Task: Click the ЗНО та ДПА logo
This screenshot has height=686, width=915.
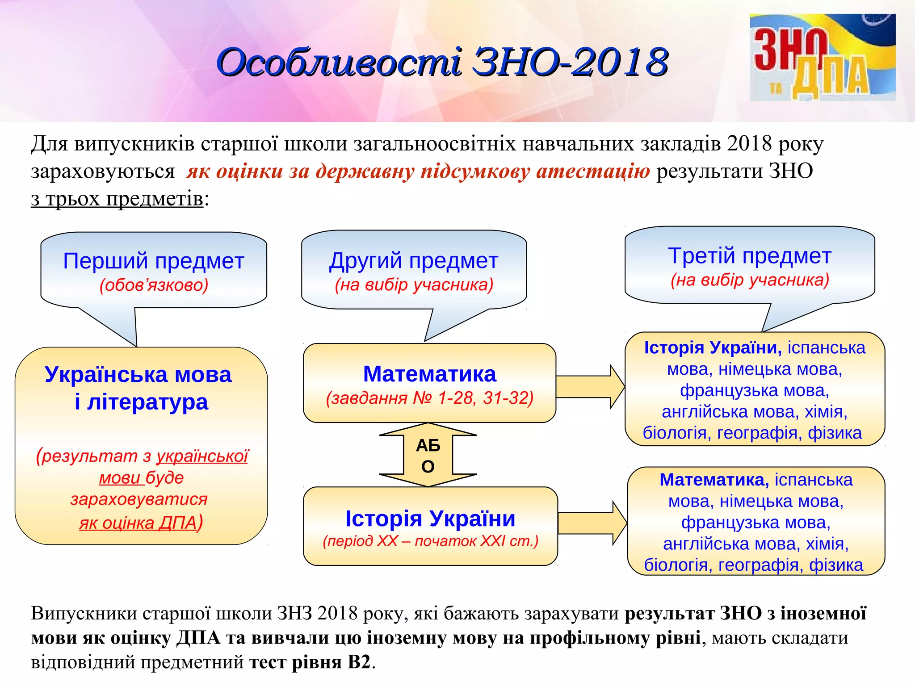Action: (x=822, y=57)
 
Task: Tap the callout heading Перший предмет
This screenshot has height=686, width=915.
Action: (x=153, y=261)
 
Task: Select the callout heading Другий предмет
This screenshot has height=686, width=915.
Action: (x=413, y=260)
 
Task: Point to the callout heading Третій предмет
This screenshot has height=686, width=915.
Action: (x=749, y=256)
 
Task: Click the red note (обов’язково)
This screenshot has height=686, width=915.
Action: (x=154, y=285)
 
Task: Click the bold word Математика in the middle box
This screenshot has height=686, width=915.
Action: (x=429, y=374)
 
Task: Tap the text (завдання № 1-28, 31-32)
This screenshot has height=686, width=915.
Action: (x=429, y=397)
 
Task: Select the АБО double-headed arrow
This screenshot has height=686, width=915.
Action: (x=428, y=455)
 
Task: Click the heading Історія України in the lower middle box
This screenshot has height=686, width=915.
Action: (x=430, y=519)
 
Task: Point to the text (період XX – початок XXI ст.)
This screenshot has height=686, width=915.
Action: (x=430, y=541)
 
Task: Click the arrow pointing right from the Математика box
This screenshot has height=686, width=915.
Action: (x=590, y=387)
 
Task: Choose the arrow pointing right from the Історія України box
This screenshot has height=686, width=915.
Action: (x=592, y=523)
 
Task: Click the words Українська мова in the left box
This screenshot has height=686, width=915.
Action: (x=138, y=374)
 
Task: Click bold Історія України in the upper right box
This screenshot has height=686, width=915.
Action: (x=713, y=347)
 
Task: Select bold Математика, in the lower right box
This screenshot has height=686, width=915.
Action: (x=714, y=480)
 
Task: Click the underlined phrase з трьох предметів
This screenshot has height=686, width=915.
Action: (x=117, y=198)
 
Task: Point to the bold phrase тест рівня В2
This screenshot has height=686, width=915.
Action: (x=310, y=662)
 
